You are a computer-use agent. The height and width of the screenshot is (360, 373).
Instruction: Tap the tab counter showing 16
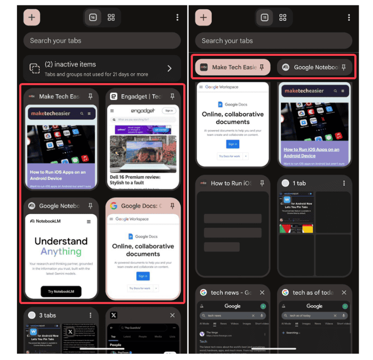coord(93,18)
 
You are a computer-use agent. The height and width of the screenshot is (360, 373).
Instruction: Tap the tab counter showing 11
coord(264,18)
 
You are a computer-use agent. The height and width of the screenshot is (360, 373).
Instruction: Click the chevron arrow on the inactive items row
coord(169,68)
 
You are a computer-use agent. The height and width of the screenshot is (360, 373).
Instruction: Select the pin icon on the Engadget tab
coord(172,96)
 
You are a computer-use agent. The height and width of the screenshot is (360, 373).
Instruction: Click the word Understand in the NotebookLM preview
coord(61,241)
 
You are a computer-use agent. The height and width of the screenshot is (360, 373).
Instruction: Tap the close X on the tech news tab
coord(262,292)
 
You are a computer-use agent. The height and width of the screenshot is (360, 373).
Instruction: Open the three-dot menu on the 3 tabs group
coord(90,315)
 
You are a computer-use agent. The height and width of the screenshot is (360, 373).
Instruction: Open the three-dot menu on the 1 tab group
coord(344,183)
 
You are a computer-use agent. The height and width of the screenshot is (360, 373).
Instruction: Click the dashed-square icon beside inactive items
coord(34,68)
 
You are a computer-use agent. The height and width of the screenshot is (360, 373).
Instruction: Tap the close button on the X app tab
coord(172,315)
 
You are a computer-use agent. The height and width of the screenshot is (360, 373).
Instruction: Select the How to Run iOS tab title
coord(231,183)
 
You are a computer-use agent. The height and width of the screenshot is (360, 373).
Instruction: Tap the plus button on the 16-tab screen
coord(31,18)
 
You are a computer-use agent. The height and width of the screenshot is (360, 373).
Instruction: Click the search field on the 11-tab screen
coord(273,40)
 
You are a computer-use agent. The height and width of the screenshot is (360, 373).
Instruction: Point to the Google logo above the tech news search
coord(232,306)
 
